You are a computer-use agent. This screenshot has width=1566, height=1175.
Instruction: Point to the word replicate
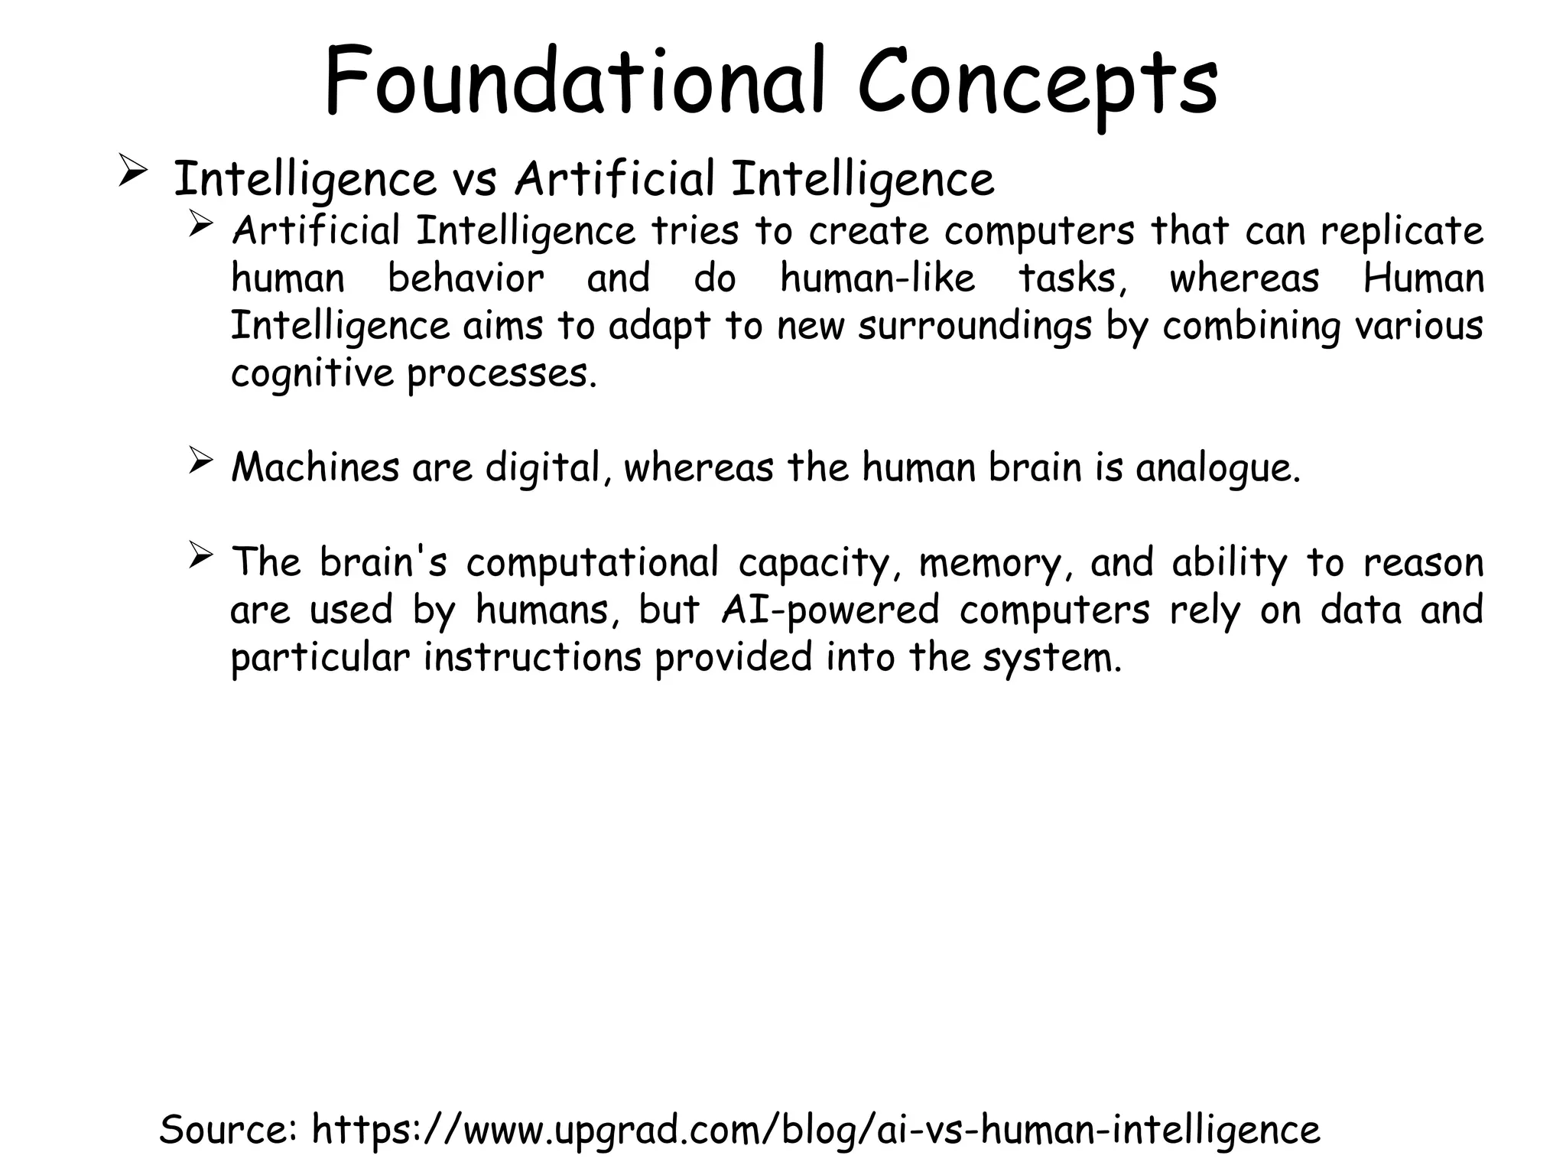[x=1402, y=231]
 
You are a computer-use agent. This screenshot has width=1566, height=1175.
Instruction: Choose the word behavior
[x=466, y=278]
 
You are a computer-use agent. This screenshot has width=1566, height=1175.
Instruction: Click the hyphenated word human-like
[x=878, y=278]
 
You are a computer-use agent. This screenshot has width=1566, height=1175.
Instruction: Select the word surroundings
[x=974, y=327]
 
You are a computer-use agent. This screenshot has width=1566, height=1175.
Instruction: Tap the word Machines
[x=314, y=467]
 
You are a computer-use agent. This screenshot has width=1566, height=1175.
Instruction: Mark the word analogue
[x=1217, y=469]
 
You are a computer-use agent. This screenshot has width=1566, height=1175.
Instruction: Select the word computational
[x=593, y=564]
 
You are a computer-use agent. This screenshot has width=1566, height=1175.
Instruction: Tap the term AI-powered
[x=830, y=611]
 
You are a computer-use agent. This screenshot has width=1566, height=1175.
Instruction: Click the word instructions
[x=532, y=658]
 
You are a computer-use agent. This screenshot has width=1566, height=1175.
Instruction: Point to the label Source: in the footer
[x=229, y=1130]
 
